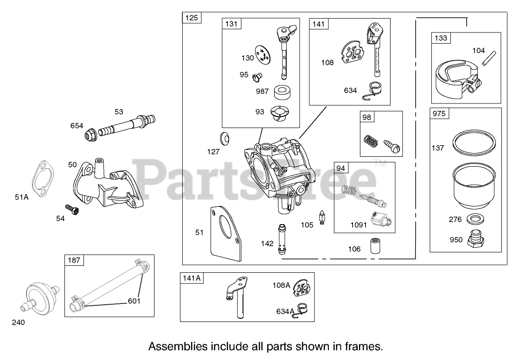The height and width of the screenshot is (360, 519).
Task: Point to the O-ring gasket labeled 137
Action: (471, 142)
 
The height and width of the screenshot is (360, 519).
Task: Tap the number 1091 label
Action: (359, 225)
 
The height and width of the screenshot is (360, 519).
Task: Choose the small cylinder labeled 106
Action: (375, 245)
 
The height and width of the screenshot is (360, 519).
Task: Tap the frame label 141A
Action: (192, 278)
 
